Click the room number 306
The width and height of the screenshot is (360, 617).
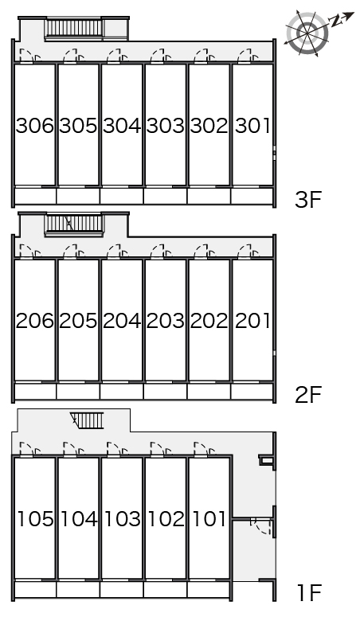(35, 126)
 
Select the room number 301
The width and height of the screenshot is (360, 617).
(252, 126)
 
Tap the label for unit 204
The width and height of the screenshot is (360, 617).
(122, 321)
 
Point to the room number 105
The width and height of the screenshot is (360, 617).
(36, 518)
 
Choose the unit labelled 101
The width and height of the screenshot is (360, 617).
(209, 518)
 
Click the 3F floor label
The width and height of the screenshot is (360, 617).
(308, 200)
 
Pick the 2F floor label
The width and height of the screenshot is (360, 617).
(308, 395)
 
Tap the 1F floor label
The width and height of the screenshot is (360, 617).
(309, 592)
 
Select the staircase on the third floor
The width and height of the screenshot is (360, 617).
(74, 29)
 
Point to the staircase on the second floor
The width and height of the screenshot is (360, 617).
(74, 225)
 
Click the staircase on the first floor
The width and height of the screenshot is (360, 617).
(87, 420)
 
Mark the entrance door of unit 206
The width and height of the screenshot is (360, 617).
(31, 251)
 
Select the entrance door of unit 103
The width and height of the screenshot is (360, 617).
(118, 449)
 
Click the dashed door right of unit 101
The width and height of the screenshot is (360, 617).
(260, 526)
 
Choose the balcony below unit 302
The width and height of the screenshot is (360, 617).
(209, 196)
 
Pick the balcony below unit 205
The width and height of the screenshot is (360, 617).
(78, 392)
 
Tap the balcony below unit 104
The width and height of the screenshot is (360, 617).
(78, 590)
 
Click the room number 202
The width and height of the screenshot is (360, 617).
(209, 321)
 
